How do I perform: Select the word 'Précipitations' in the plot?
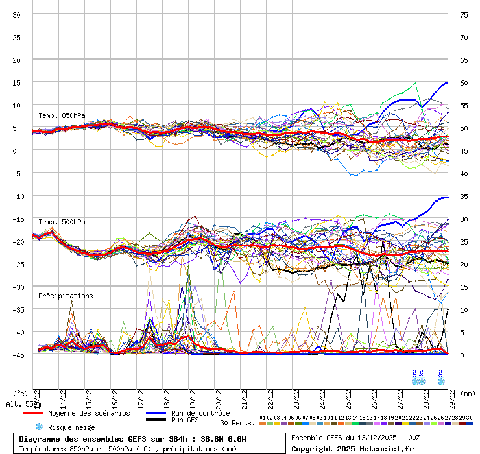(66, 296)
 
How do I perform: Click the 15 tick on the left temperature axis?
(17, 82)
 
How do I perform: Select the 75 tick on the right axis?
(463, 14)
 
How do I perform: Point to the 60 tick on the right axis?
(463, 82)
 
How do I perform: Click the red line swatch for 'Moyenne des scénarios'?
(32, 413)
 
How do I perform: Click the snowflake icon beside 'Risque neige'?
(38, 427)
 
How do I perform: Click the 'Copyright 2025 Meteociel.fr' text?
(353, 448)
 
